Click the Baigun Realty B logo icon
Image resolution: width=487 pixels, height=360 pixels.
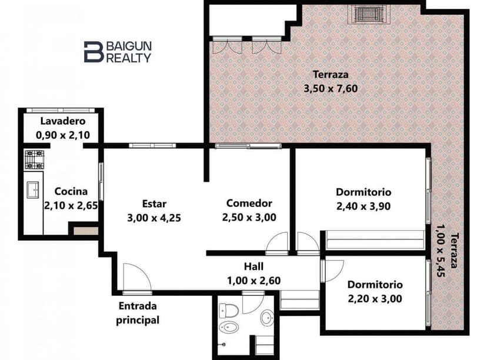tap(94, 52)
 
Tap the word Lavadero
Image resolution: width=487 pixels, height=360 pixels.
tap(63, 121)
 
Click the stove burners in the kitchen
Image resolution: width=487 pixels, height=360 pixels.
tap(34, 159)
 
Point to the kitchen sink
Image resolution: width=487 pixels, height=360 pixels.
tap(34, 190)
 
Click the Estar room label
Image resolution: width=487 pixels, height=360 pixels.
tap(154, 204)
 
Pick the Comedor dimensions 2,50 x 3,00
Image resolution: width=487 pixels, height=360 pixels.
tap(249, 217)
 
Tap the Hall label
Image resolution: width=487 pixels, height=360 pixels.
tap(253, 266)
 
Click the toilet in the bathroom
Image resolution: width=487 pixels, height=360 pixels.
tap(228, 309)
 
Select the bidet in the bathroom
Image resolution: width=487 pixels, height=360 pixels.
tap(226, 327)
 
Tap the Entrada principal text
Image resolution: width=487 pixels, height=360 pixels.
tap(139, 313)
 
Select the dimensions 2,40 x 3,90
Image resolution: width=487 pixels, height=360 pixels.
tap(363, 206)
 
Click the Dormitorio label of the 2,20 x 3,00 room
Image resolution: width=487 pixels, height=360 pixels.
tap(375, 285)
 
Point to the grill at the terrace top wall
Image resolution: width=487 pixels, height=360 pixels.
tap(368, 14)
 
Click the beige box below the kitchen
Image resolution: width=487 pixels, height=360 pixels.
tap(85, 230)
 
